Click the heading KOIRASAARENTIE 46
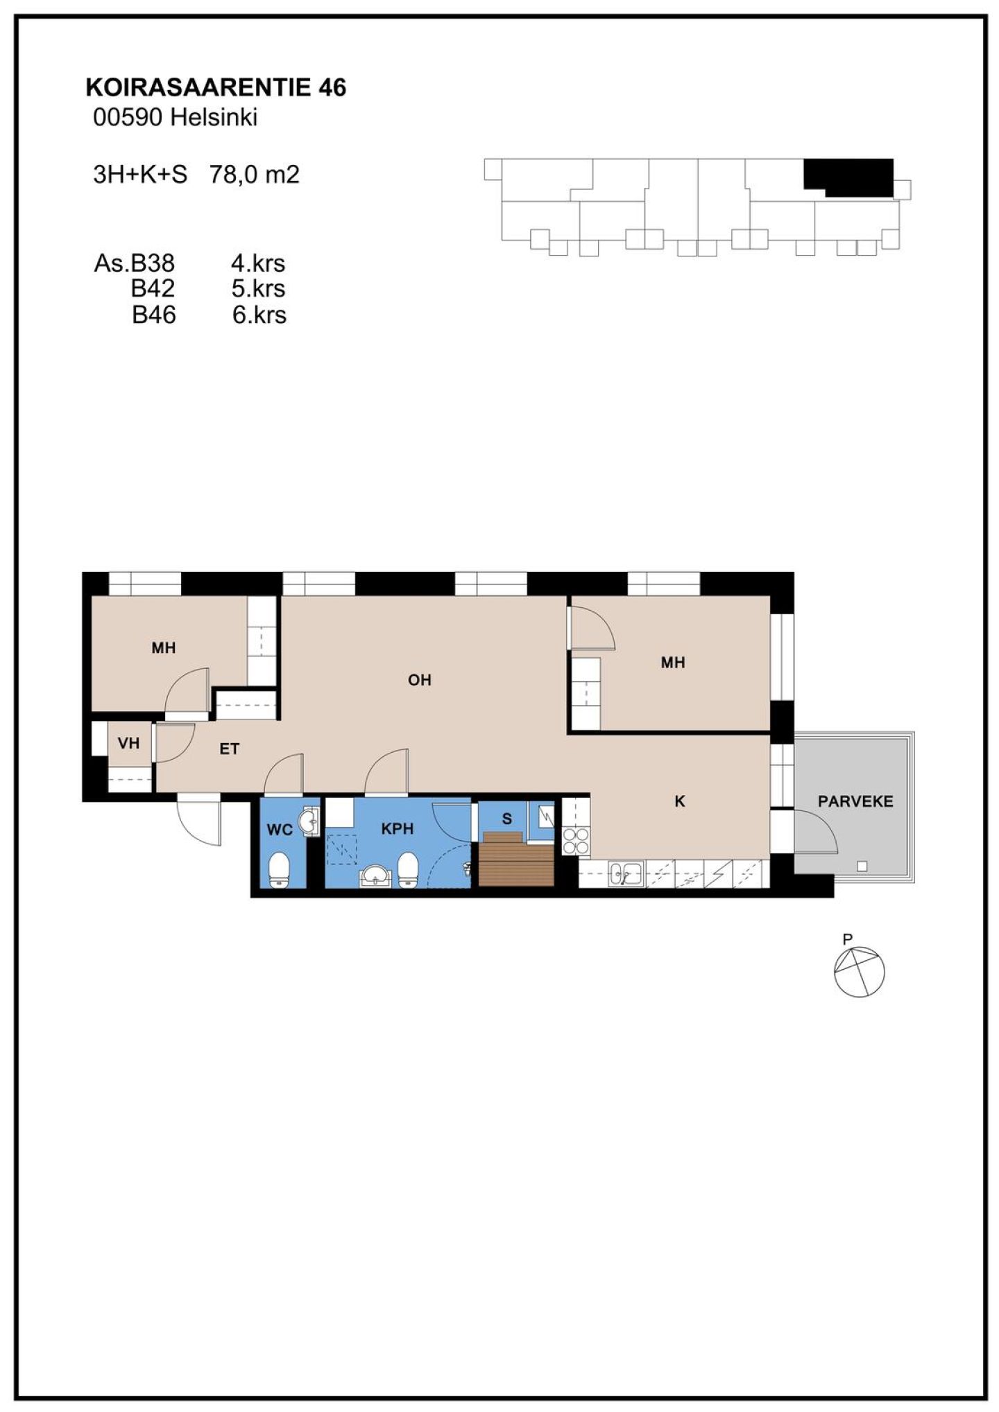pos(216,87)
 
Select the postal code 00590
pos(128,118)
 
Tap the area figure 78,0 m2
pos(255,174)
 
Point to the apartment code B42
pos(153,288)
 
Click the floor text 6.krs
pos(259,315)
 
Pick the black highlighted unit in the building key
pos(848,177)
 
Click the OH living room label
pos(420,680)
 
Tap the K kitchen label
pos(680,801)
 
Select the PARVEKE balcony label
pos(855,801)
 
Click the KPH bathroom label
pos(398,828)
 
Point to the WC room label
pos(280,829)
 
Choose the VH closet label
pos(128,744)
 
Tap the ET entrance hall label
pos(230,749)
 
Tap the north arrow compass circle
pos(859,972)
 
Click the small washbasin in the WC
pos(307,823)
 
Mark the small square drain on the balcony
pos(862,865)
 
